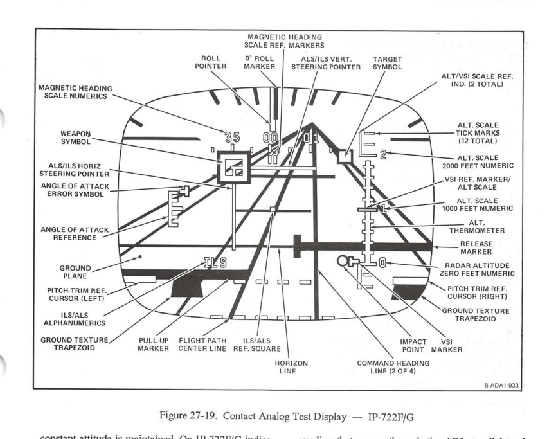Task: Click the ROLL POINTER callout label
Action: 211,61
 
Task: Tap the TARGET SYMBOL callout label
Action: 388,61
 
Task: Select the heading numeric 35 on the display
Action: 233,136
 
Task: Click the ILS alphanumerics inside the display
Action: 215,262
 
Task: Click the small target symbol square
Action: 346,155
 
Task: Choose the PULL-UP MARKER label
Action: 153,344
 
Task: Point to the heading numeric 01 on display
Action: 310,137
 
